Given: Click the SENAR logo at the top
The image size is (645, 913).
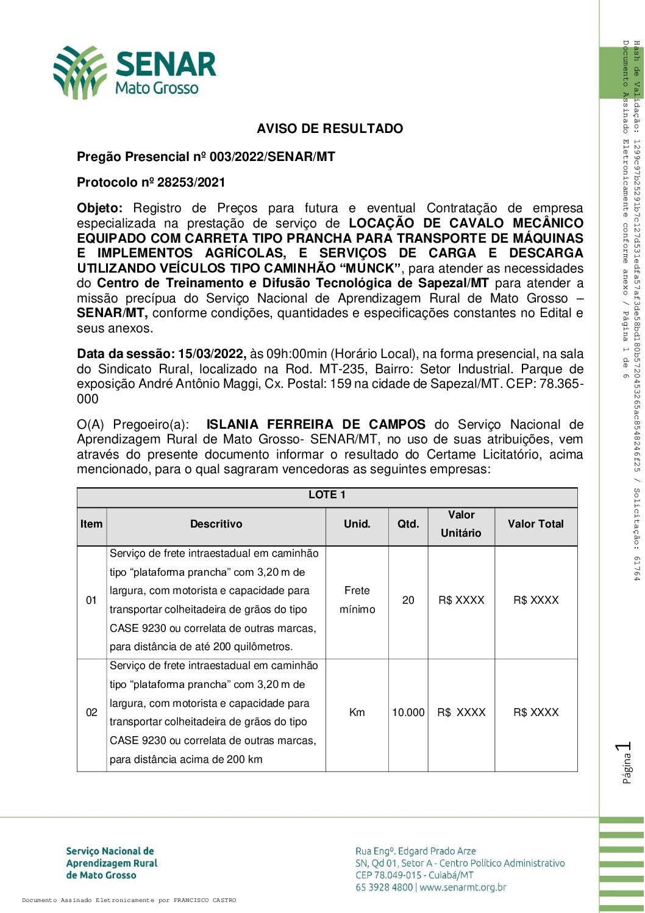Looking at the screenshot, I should pyautogui.click(x=135, y=72).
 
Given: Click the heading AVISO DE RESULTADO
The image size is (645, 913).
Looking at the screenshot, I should pyautogui.click(x=330, y=129).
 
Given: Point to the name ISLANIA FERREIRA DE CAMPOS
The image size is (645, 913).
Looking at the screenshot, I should pyautogui.click(x=316, y=424).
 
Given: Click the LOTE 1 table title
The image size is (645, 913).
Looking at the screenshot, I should pyautogui.click(x=327, y=495).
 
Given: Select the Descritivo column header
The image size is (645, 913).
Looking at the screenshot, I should pyautogui.click(x=216, y=524).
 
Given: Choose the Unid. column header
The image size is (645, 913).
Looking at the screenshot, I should pyautogui.click(x=357, y=524).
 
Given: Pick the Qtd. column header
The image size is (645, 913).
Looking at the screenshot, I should pyautogui.click(x=408, y=524).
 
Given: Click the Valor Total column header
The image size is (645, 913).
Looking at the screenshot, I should pyautogui.click(x=536, y=524).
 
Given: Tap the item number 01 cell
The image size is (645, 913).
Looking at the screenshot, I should pyautogui.click(x=91, y=600).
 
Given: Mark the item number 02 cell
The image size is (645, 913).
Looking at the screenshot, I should pyautogui.click(x=91, y=712).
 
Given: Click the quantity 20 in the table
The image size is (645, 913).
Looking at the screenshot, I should pyautogui.click(x=408, y=600).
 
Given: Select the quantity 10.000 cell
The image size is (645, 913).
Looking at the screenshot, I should pyautogui.click(x=408, y=712).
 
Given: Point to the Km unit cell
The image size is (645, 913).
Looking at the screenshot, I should pyautogui.click(x=357, y=712).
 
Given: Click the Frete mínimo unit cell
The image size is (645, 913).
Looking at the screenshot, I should pyautogui.click(x=357, y=600).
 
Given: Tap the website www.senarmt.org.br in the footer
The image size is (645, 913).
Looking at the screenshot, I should pyautogui.click(x=463, y=887).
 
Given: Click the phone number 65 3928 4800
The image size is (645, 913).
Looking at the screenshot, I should pyautogui.click(x=384, y=887).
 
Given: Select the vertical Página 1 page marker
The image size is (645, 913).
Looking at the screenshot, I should pyautogui.click(x=625, y=762).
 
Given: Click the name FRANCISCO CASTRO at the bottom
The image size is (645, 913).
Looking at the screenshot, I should pyautogui.click(x=204, y=900).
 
